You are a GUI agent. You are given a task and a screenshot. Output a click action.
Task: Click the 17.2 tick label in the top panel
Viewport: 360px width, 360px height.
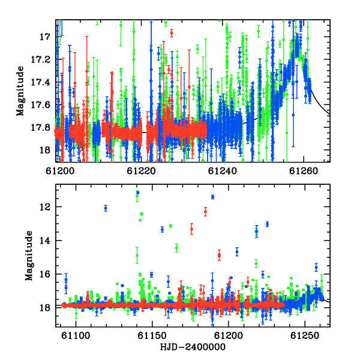click(x=39, y=59)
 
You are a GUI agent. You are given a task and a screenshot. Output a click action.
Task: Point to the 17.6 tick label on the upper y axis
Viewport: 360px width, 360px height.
click(x=39, y=105)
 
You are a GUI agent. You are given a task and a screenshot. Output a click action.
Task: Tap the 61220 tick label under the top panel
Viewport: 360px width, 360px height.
click(x=141, y=171)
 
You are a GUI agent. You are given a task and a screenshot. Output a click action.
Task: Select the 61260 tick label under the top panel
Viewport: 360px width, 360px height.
click(x=304, y=171)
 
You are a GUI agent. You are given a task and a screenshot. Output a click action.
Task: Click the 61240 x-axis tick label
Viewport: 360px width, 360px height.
click(x=222, y=171)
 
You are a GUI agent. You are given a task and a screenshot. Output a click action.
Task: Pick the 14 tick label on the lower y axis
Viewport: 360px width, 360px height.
click(x=45, y=241)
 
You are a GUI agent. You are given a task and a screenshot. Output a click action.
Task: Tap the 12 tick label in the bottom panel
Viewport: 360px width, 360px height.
click(x=45, y=207)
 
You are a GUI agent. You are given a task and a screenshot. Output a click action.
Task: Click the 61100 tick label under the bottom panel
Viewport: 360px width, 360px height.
click(x=76, y=335)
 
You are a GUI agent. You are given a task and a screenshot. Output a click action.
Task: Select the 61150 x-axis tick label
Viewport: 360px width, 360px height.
click(x=152, y=335)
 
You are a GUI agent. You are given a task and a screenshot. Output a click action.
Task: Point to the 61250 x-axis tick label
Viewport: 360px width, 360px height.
click(x=305, y=335)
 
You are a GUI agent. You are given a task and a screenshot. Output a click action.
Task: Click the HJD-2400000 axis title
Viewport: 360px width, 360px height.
click(x=193, y=347)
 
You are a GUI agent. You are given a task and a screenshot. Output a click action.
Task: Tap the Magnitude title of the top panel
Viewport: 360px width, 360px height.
click(x=20, y=91)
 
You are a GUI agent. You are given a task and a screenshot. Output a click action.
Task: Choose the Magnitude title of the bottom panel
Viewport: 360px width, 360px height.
click(x=29, y=256)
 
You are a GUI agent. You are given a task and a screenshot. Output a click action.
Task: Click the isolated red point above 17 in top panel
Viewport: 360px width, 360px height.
click(x=172, y=33)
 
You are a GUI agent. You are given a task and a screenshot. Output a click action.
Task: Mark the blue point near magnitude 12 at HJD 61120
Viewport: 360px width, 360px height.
click(x=106, y=208)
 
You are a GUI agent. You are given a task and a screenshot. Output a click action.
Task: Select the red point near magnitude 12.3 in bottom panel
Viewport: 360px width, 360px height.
click(x=205, y=212)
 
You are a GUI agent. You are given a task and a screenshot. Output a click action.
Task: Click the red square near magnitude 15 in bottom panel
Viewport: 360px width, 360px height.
click(x=219, y=255)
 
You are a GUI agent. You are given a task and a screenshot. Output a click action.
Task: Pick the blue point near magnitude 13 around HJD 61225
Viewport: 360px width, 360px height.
click(x=267, y=224)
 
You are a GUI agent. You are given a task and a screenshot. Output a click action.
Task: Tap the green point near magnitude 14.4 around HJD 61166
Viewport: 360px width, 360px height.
click(x=176, y=248)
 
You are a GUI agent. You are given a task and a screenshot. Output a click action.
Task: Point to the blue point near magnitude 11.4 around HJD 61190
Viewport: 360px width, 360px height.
click(x=213, y=197)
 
